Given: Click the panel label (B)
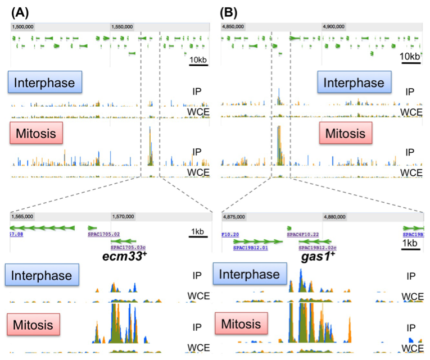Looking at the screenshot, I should click(229, 10).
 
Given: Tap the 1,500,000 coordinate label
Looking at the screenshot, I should click(23, 26).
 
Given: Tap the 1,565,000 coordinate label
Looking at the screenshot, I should click(23, 216).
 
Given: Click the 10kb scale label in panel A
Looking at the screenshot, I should click(198, 60).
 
